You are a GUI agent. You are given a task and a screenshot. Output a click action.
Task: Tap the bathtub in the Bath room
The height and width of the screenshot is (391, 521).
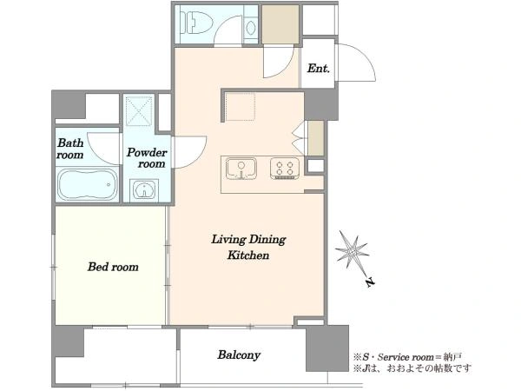click(88, 184)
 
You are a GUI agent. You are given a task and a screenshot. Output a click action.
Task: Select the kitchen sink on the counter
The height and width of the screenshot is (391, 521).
click(241, 169)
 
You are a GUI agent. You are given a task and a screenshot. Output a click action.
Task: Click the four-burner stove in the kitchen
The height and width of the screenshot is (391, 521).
click(285, 169)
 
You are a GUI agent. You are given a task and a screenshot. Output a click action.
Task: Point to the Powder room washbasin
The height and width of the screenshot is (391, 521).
click(144, 189)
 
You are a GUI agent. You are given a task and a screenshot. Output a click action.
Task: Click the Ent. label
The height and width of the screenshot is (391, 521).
click(319, 69)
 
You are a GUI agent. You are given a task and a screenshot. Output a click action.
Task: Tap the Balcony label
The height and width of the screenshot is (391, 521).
click(239, 355)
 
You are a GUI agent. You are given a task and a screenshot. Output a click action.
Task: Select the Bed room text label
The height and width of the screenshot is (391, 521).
click(113, 267)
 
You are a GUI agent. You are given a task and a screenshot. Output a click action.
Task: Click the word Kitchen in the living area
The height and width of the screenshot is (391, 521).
click(248, 255)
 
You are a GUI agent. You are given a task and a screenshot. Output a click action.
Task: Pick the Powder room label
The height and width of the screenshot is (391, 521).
click(147, 158)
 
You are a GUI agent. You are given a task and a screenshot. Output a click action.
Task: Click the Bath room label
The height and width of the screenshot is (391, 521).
click(70, 149)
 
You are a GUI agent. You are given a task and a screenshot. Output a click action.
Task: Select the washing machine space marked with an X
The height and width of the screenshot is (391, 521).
click(139, 111)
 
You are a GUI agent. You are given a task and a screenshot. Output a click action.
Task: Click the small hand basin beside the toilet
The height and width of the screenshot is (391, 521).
click(251, 28)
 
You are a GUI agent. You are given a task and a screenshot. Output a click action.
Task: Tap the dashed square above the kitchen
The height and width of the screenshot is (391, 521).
click(241, 106)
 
